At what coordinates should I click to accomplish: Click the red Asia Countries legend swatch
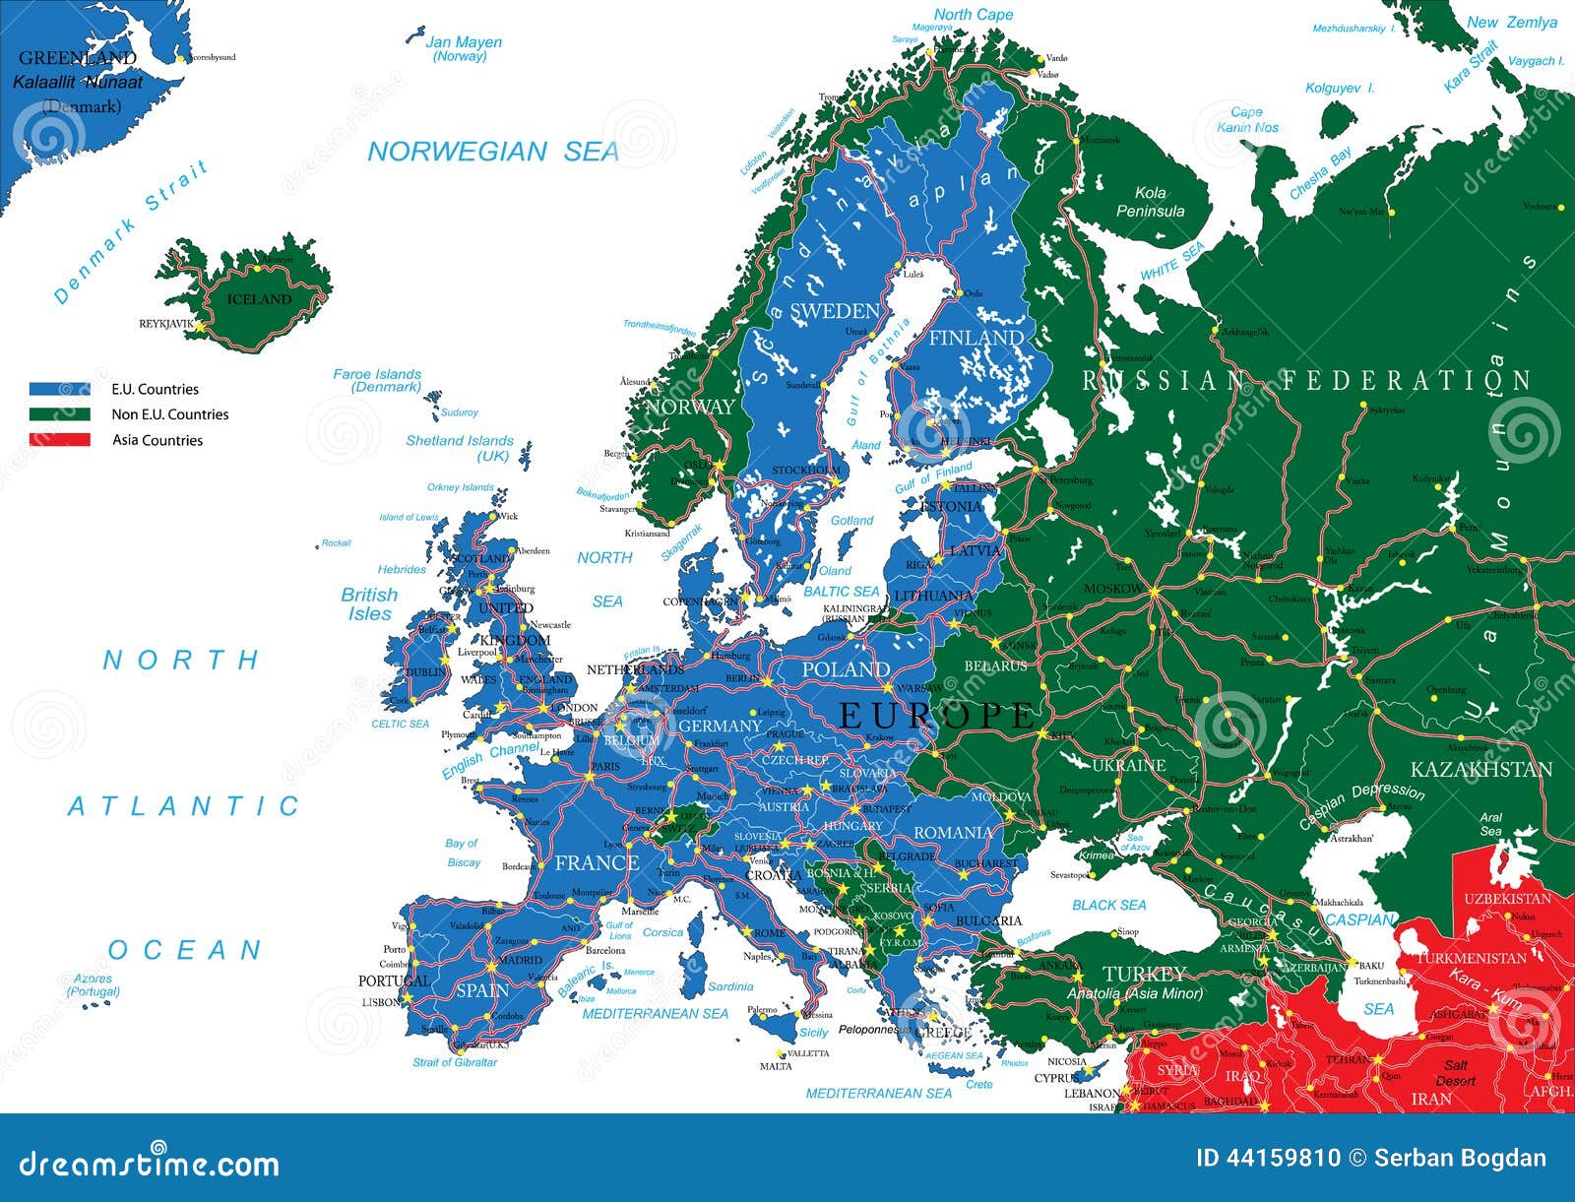click(59, 440)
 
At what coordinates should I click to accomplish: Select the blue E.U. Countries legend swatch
click(59, 389)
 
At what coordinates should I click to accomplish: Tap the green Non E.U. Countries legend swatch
click(59, 414)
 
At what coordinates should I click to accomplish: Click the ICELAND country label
click(259, 299)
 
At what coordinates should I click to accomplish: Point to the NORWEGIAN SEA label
click(493, 152)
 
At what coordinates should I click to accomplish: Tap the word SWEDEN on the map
click(834, 311)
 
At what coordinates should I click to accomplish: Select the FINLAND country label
click(976, 338)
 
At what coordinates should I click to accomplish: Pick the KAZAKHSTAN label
click(1480, 769)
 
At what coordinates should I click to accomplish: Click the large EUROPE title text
click(936, 715)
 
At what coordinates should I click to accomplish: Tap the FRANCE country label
click(597, 863)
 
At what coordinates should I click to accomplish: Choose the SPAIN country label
click(482, 990)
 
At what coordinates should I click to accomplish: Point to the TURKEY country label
click(1144, 974)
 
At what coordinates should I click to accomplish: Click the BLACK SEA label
click(1108, 905)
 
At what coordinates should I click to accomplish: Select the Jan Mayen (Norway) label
click(463, 49)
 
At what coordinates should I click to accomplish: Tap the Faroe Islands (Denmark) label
click(377, 380)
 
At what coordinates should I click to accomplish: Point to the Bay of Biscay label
click(463, 853)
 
